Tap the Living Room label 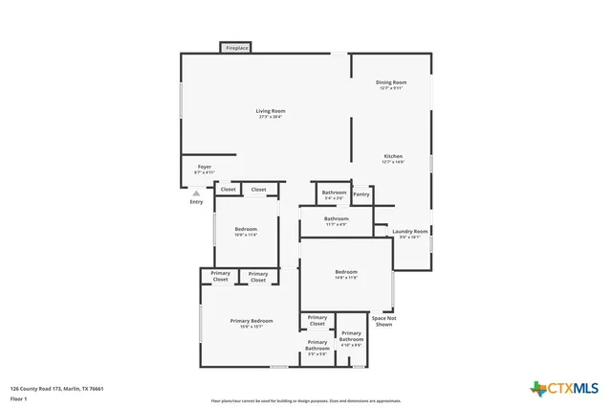click(x=271, y=113)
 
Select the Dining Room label click(x=391, y=84)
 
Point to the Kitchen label click(x=393, y=158)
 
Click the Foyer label click(x=205, y=169)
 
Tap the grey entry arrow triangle click(x=196, y=193)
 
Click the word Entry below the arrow click(x=196, y=202)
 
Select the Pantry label click(x=361, y=194)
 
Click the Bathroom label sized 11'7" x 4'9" click(x=336, y=220)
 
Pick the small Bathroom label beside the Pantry click(x=334, y=194)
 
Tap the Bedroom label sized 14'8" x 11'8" click(x=346, y=274)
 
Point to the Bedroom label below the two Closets click(x=247, y=231)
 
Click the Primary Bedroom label click(x=251, y=323)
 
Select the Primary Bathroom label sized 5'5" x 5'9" click(x=317, y=347)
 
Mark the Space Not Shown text click(x=383, y=321)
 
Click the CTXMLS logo click(x=564, y=387)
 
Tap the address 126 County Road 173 click(x=56, y=388)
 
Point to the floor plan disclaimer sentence click(x=306, y=400)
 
